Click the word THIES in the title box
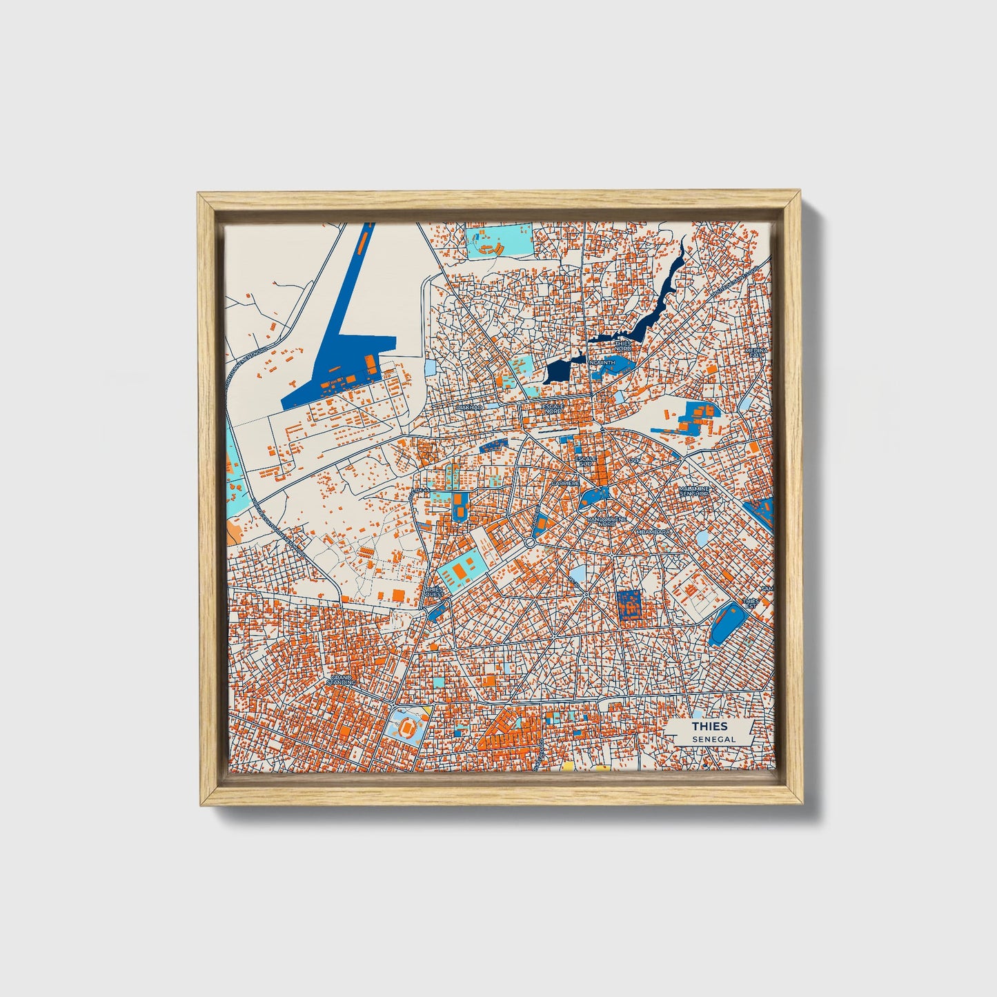pos(709,726)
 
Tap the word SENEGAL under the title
pos(709,739)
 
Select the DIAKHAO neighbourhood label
pos(469,408)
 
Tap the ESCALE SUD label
pos(586,461)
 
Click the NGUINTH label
pos(602,362)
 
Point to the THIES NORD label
pos(622,345)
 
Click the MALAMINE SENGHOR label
pos(693,491)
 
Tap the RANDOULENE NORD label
pos(602,522)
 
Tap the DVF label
pos(634,460)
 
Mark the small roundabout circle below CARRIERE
pos(530,543)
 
